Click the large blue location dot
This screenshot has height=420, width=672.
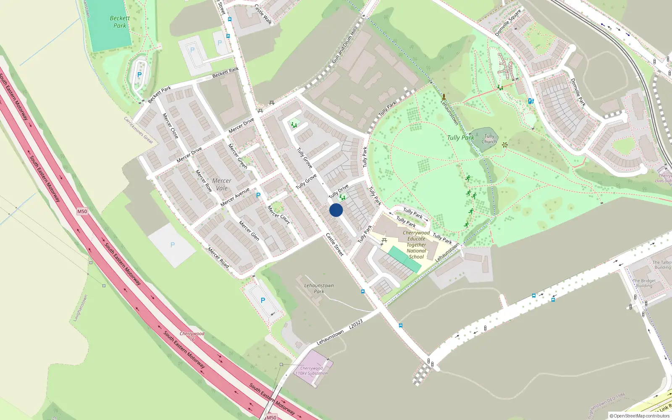pos(336,210)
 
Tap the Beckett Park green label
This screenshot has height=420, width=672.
pos(120,22)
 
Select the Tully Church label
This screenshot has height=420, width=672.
pos(489,139)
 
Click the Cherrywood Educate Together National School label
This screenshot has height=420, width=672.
pos(416,244)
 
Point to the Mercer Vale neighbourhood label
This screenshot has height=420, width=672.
pos(222,184)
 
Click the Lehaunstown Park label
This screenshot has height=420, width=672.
pos(319,288)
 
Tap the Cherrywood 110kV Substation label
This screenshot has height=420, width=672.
pos(311,371)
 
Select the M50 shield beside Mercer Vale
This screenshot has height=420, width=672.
pos(82,211)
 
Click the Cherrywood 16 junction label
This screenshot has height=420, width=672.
pos(192,336)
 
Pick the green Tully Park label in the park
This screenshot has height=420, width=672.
pos(460,137)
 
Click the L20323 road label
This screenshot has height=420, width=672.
pos(356,324)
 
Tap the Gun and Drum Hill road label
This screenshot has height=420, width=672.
pos(344,46)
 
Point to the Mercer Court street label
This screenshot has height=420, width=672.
pos(278,215)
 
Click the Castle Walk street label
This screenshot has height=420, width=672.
pos(263,14)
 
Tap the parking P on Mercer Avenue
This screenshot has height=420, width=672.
pos(258,195)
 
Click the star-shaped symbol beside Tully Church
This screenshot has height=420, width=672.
pos(505,145)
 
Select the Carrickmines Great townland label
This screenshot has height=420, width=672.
pos(139,130)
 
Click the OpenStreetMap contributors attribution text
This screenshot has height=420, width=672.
pos(640,416)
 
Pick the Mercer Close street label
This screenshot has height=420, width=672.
pos(171,126)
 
